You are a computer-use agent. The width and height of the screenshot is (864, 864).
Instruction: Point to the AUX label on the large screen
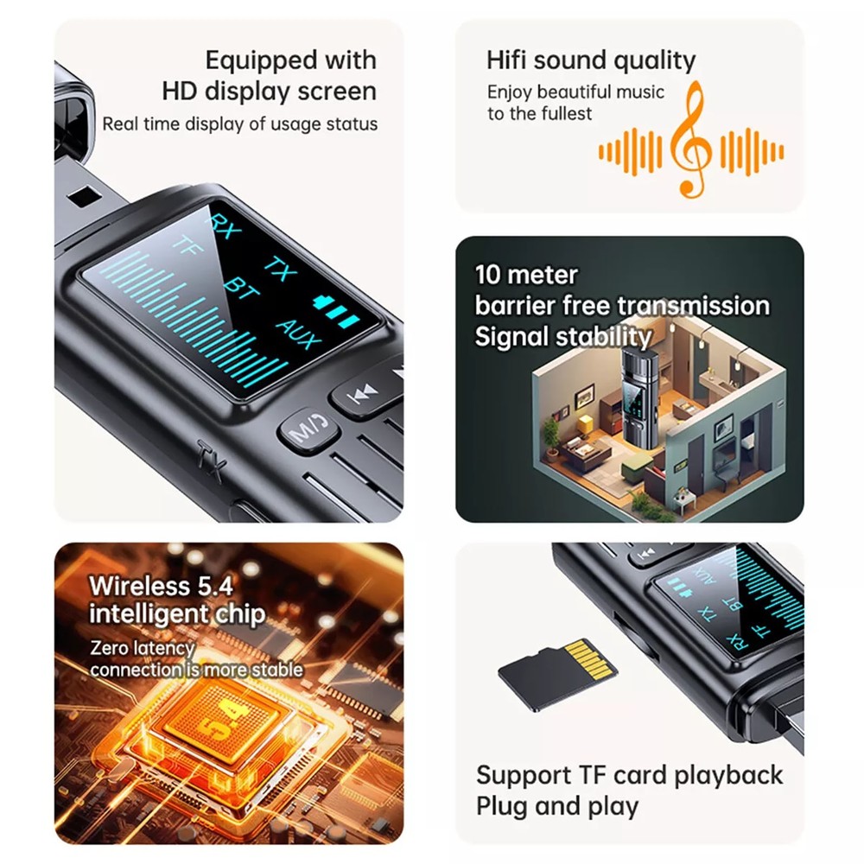[298, 332]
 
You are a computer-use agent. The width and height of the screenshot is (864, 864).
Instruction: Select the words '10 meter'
[526, 276]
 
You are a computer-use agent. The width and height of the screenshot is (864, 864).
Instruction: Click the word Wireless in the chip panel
[139, 586]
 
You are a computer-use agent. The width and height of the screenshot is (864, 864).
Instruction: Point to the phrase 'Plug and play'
[557, 806]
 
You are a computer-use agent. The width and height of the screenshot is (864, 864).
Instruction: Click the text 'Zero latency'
[142, 647]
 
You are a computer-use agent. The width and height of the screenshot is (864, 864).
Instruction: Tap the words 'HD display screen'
[269, 92]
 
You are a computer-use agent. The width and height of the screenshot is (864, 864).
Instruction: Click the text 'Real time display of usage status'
[239, 124]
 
